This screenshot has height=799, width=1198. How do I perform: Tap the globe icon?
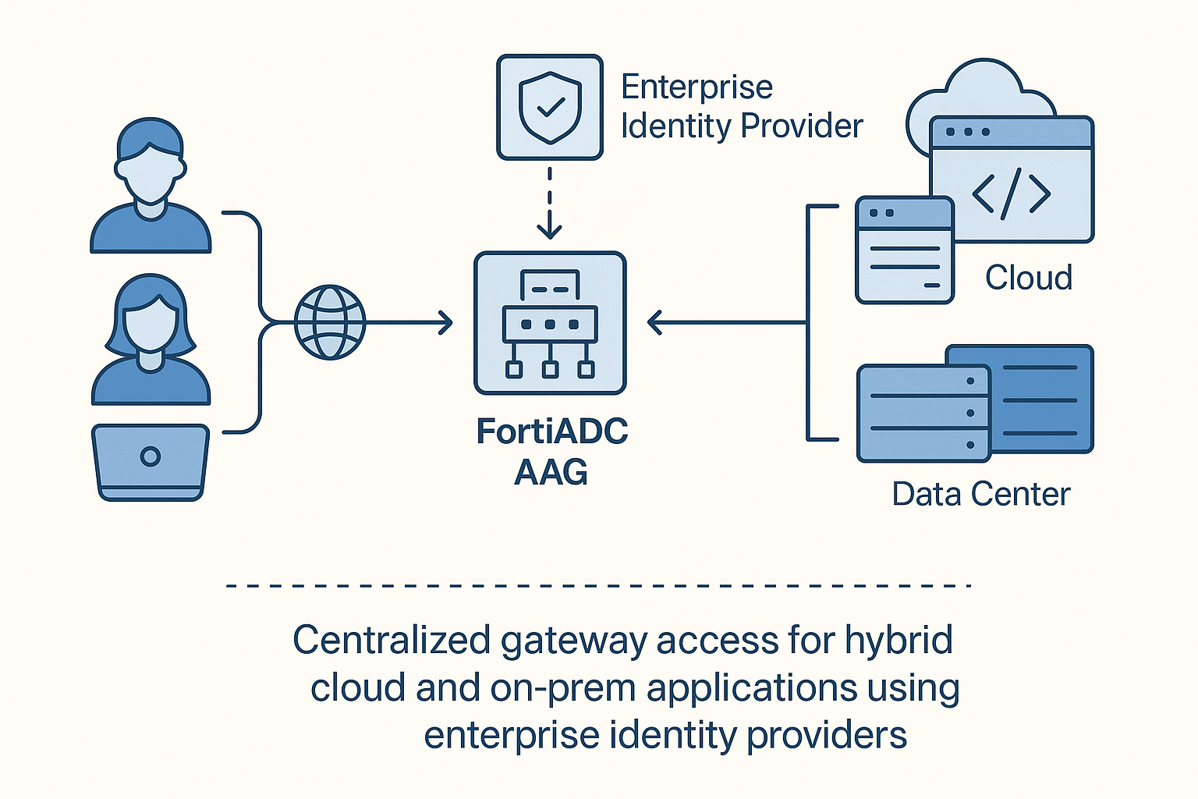point(330,322)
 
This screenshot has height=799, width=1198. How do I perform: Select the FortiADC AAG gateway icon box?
point(550,323)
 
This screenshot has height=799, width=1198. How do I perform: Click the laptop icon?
point(151,461)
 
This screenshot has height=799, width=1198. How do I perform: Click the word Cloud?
point(1028,278)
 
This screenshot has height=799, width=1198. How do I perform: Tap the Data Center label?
point(980,494)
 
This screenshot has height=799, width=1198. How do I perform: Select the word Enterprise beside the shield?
point(696,87)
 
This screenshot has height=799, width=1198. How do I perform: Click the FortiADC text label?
point(551,431)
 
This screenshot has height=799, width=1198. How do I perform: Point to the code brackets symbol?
point(1011,193)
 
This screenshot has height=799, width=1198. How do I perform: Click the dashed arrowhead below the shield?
point(550,231)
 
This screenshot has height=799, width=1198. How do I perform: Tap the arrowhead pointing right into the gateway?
point(447,322)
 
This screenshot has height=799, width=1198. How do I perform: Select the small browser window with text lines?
point(905,250)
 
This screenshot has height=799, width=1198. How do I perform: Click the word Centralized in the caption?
point(392,641)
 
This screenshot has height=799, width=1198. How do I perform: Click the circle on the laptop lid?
point(151,456)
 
